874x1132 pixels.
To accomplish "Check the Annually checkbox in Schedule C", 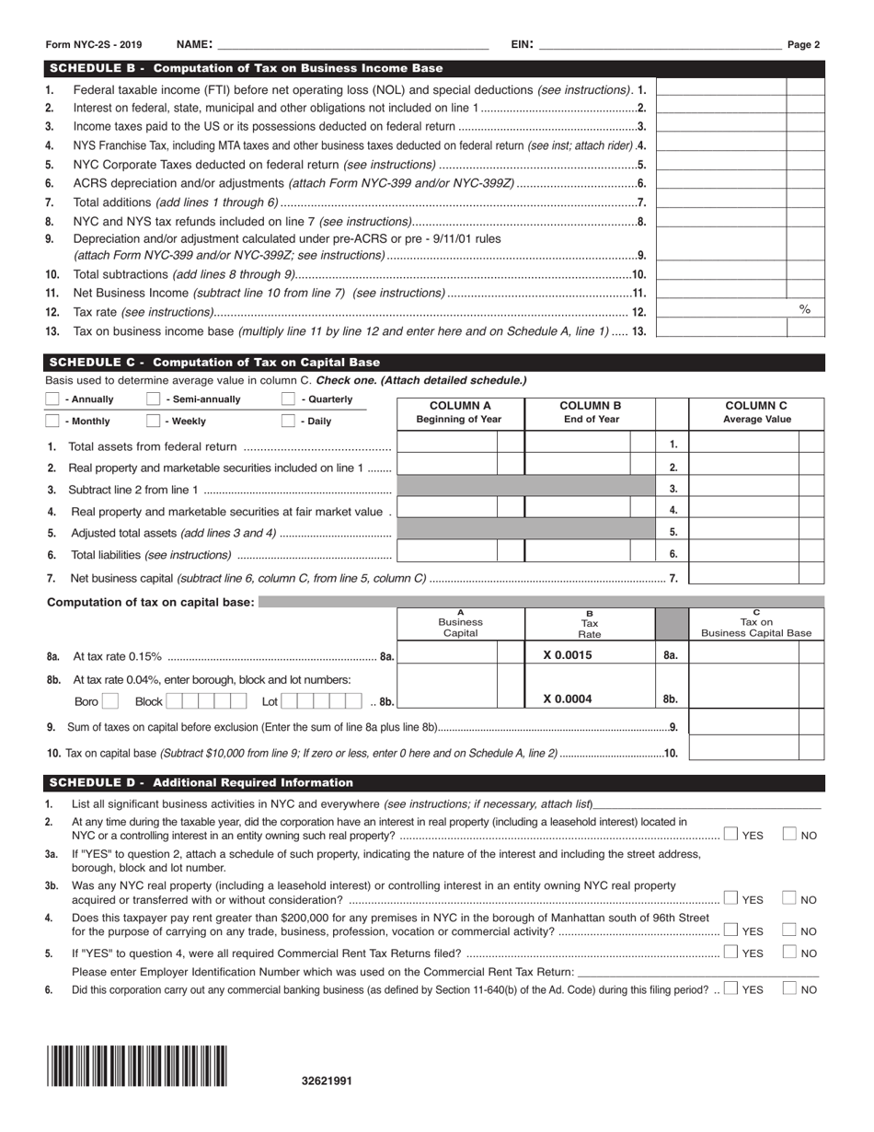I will coord(52,399).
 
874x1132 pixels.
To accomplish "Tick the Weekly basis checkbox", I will coord(154,422).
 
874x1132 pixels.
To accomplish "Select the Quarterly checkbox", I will coord(288,399).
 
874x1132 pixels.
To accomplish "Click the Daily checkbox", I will coord(288,422).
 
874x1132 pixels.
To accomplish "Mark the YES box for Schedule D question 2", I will coord(730,835).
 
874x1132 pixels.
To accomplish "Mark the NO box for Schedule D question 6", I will coord(789,989).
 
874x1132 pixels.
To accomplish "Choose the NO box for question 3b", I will coord(789,899).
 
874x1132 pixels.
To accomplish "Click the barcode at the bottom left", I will coord(137,1067).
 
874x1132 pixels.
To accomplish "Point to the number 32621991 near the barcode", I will coord(327,1081).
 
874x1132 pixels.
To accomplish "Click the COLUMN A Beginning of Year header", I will coord(459,412).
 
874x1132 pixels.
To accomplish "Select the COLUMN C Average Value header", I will coord(756,412).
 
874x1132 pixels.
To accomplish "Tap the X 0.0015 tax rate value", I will coord(568,655).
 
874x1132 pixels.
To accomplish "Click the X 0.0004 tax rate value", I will coord(568,699).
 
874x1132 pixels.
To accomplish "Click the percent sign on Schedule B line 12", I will coord(805,311).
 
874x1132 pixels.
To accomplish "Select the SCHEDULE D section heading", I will coord(201,783).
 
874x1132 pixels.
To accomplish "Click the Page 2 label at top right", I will coord(803,44).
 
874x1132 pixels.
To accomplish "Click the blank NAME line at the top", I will coord(351,44).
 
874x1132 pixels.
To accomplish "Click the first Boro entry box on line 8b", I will coord(109,701).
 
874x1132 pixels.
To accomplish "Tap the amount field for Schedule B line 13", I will coord(722,331).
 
